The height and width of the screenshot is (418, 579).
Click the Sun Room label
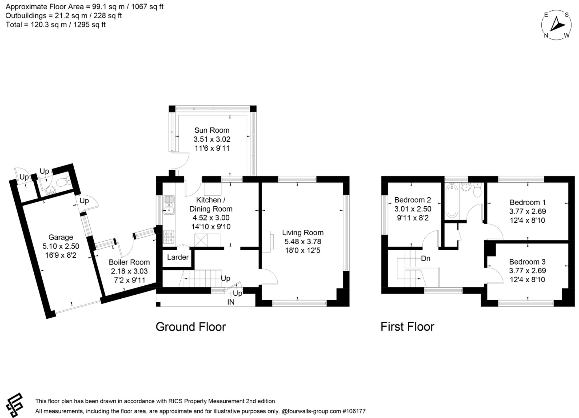[x=212, y=130]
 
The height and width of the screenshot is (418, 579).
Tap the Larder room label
[x=178, y=257]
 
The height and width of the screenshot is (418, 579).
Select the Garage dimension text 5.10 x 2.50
[x=61, y=246]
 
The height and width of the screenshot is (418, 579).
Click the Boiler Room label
[x=129, y=262]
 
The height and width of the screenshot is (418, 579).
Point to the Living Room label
[x=303, y=232]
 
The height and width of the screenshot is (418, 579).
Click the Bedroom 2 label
[x=412, y=200]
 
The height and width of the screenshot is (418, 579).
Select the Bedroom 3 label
[x=527, y=262]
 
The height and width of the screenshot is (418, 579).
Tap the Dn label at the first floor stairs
[x=425, y=258]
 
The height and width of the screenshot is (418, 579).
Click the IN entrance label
[x=231, y=302]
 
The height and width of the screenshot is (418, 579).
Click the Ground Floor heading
[x=191, y=327]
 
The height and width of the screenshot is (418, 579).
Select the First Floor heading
[x=407, y=327]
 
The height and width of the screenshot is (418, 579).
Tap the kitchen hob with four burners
[x=169, y=237]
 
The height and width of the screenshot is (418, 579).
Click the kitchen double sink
[x=169, y=205]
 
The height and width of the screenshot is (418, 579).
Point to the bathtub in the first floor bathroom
[x=451, y=201]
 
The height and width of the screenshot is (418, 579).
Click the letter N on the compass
[x=546, y=36]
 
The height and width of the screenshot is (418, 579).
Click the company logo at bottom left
[x=14, y=405]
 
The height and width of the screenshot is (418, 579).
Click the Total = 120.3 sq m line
[x=56, y=25]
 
